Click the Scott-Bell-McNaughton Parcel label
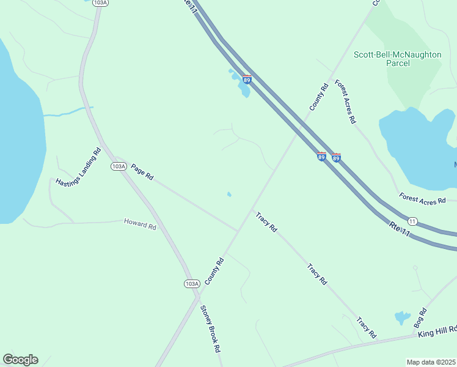click(397, 59)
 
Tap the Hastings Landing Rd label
click(78, 167)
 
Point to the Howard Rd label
click(140, 224)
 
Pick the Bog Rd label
click(420, 317)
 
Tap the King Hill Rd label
click(437, 332)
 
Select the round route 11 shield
click(412, 221)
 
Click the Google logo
click(20, 360)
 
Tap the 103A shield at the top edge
click(101, 3)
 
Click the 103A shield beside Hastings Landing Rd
click(119, 166)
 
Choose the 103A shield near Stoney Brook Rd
click(191, 283)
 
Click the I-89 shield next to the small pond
click(247, 80)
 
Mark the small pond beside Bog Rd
click(403, 317)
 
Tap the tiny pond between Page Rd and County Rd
click(229, 195)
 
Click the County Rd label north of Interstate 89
click(319, 97)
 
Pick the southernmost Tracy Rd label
click(366, 327)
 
